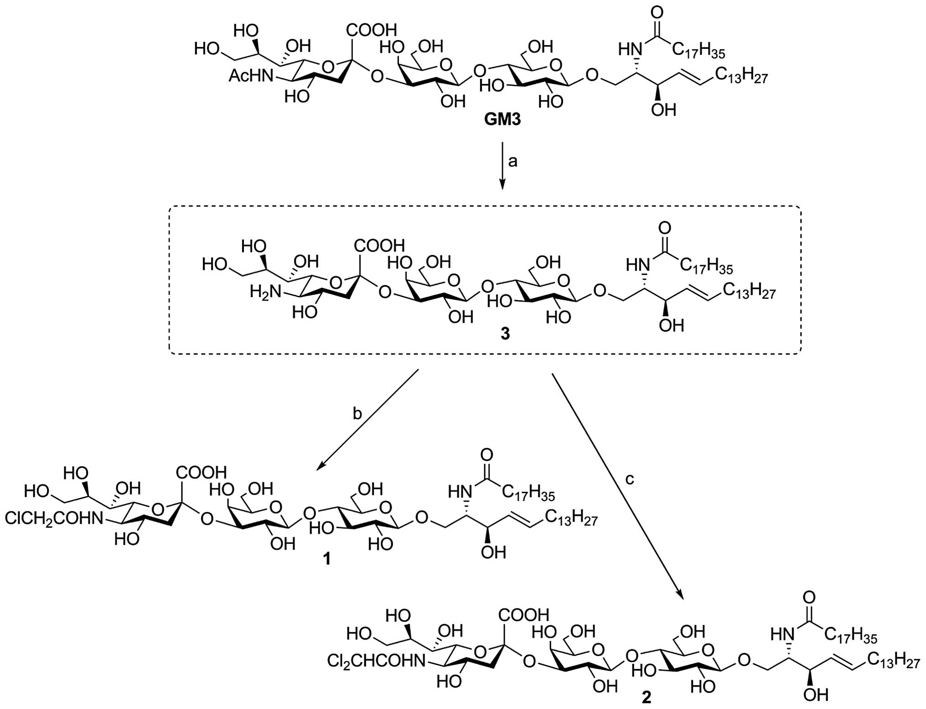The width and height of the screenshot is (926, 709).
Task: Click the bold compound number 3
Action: (505, 334)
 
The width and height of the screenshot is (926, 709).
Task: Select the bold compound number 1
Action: (326, 559)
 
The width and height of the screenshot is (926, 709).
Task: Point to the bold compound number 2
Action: (647, 698)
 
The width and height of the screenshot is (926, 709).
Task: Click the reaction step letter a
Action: (513, 161)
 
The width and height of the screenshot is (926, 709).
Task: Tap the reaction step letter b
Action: (357, 413)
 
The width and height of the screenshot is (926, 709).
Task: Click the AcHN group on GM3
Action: (250, 76)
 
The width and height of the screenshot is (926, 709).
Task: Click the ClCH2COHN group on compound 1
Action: (53, 518)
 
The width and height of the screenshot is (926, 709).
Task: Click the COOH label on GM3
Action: (371, 31)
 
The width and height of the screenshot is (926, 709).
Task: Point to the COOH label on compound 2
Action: (523, 615)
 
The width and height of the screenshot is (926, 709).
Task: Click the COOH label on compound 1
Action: (202, 472)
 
